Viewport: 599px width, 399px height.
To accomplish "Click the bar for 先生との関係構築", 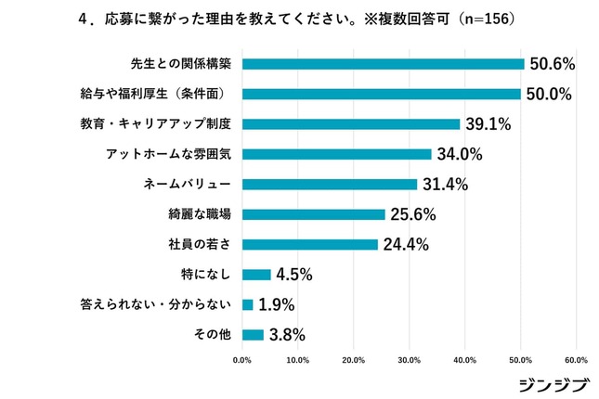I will [x=383, y=64].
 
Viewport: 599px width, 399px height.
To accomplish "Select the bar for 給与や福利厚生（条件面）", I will [x=381, y=94].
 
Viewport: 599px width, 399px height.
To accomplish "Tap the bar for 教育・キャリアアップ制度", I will [x=350, y=123].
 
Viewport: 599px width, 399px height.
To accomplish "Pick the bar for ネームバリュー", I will [x=329, y=184].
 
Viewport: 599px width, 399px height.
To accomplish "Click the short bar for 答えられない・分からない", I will [x=247, y=304].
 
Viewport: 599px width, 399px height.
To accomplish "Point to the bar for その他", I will [x=253, y=335].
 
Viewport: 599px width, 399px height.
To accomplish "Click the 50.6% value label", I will [x=553, y=64].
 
